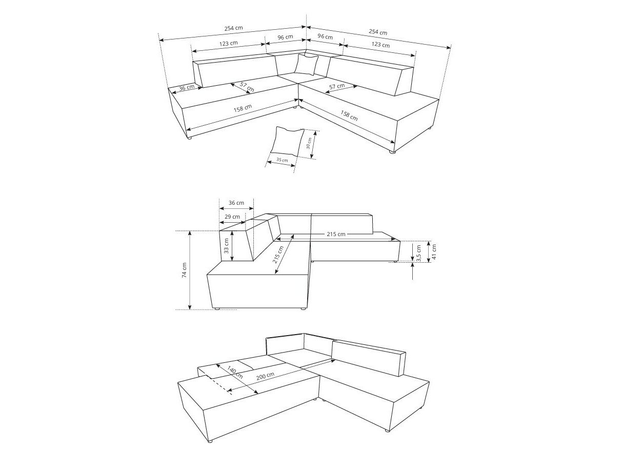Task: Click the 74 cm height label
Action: tap(185, 270)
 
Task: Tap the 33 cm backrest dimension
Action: tap(226, 246)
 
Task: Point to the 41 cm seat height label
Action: tap(433, 251)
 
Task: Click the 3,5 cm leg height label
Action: tap(419, 252)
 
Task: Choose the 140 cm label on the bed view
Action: tap(235, 373)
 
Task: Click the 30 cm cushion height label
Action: tap(309, 143)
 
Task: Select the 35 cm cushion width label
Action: tap(282, 160)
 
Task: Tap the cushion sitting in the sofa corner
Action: tap(307, 65)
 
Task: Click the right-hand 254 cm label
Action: tap(378, 32)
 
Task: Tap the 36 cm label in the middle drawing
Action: tap(236, 203)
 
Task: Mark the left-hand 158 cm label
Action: tap(243, 108)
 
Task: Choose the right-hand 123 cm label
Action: tap(380, 45)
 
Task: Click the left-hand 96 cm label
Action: tap(285, 37)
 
